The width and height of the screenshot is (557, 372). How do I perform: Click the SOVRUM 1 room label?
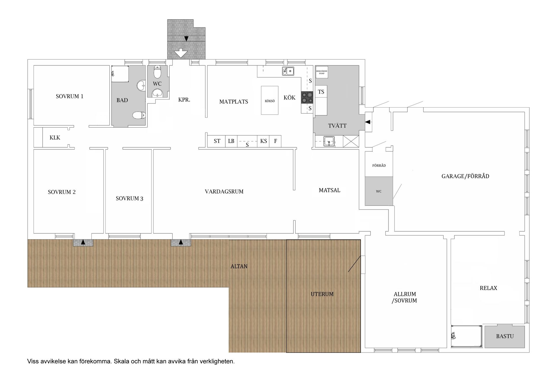coord(70,96)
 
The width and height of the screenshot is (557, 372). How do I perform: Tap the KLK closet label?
coord(55,137)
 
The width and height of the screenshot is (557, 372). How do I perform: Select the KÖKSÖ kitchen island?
coord(270,100)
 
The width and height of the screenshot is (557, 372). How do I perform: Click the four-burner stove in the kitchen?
coord(307,97)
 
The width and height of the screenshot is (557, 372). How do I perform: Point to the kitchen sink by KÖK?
coord(288,71)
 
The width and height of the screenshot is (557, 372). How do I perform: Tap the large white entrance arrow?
coord(181,53)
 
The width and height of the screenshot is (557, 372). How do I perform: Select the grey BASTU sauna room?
coord(505,337)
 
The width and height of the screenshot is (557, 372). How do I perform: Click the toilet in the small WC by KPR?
coord(157,72)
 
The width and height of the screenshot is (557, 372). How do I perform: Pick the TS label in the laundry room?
coord(321,92)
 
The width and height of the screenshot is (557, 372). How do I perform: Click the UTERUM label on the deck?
coord(322,294)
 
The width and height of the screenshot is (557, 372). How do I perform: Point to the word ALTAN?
coord(239,266)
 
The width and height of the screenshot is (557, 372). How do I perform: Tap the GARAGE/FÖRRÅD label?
coord(465,176)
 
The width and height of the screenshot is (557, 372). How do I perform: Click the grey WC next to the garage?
coord(379,191)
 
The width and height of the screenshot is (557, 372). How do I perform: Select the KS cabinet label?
coord(263,141)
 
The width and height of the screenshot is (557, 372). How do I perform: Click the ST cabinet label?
coord(217,141)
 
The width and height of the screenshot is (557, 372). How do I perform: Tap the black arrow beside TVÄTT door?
coord(368,122)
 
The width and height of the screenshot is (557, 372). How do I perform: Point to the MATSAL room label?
coord(330,190)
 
